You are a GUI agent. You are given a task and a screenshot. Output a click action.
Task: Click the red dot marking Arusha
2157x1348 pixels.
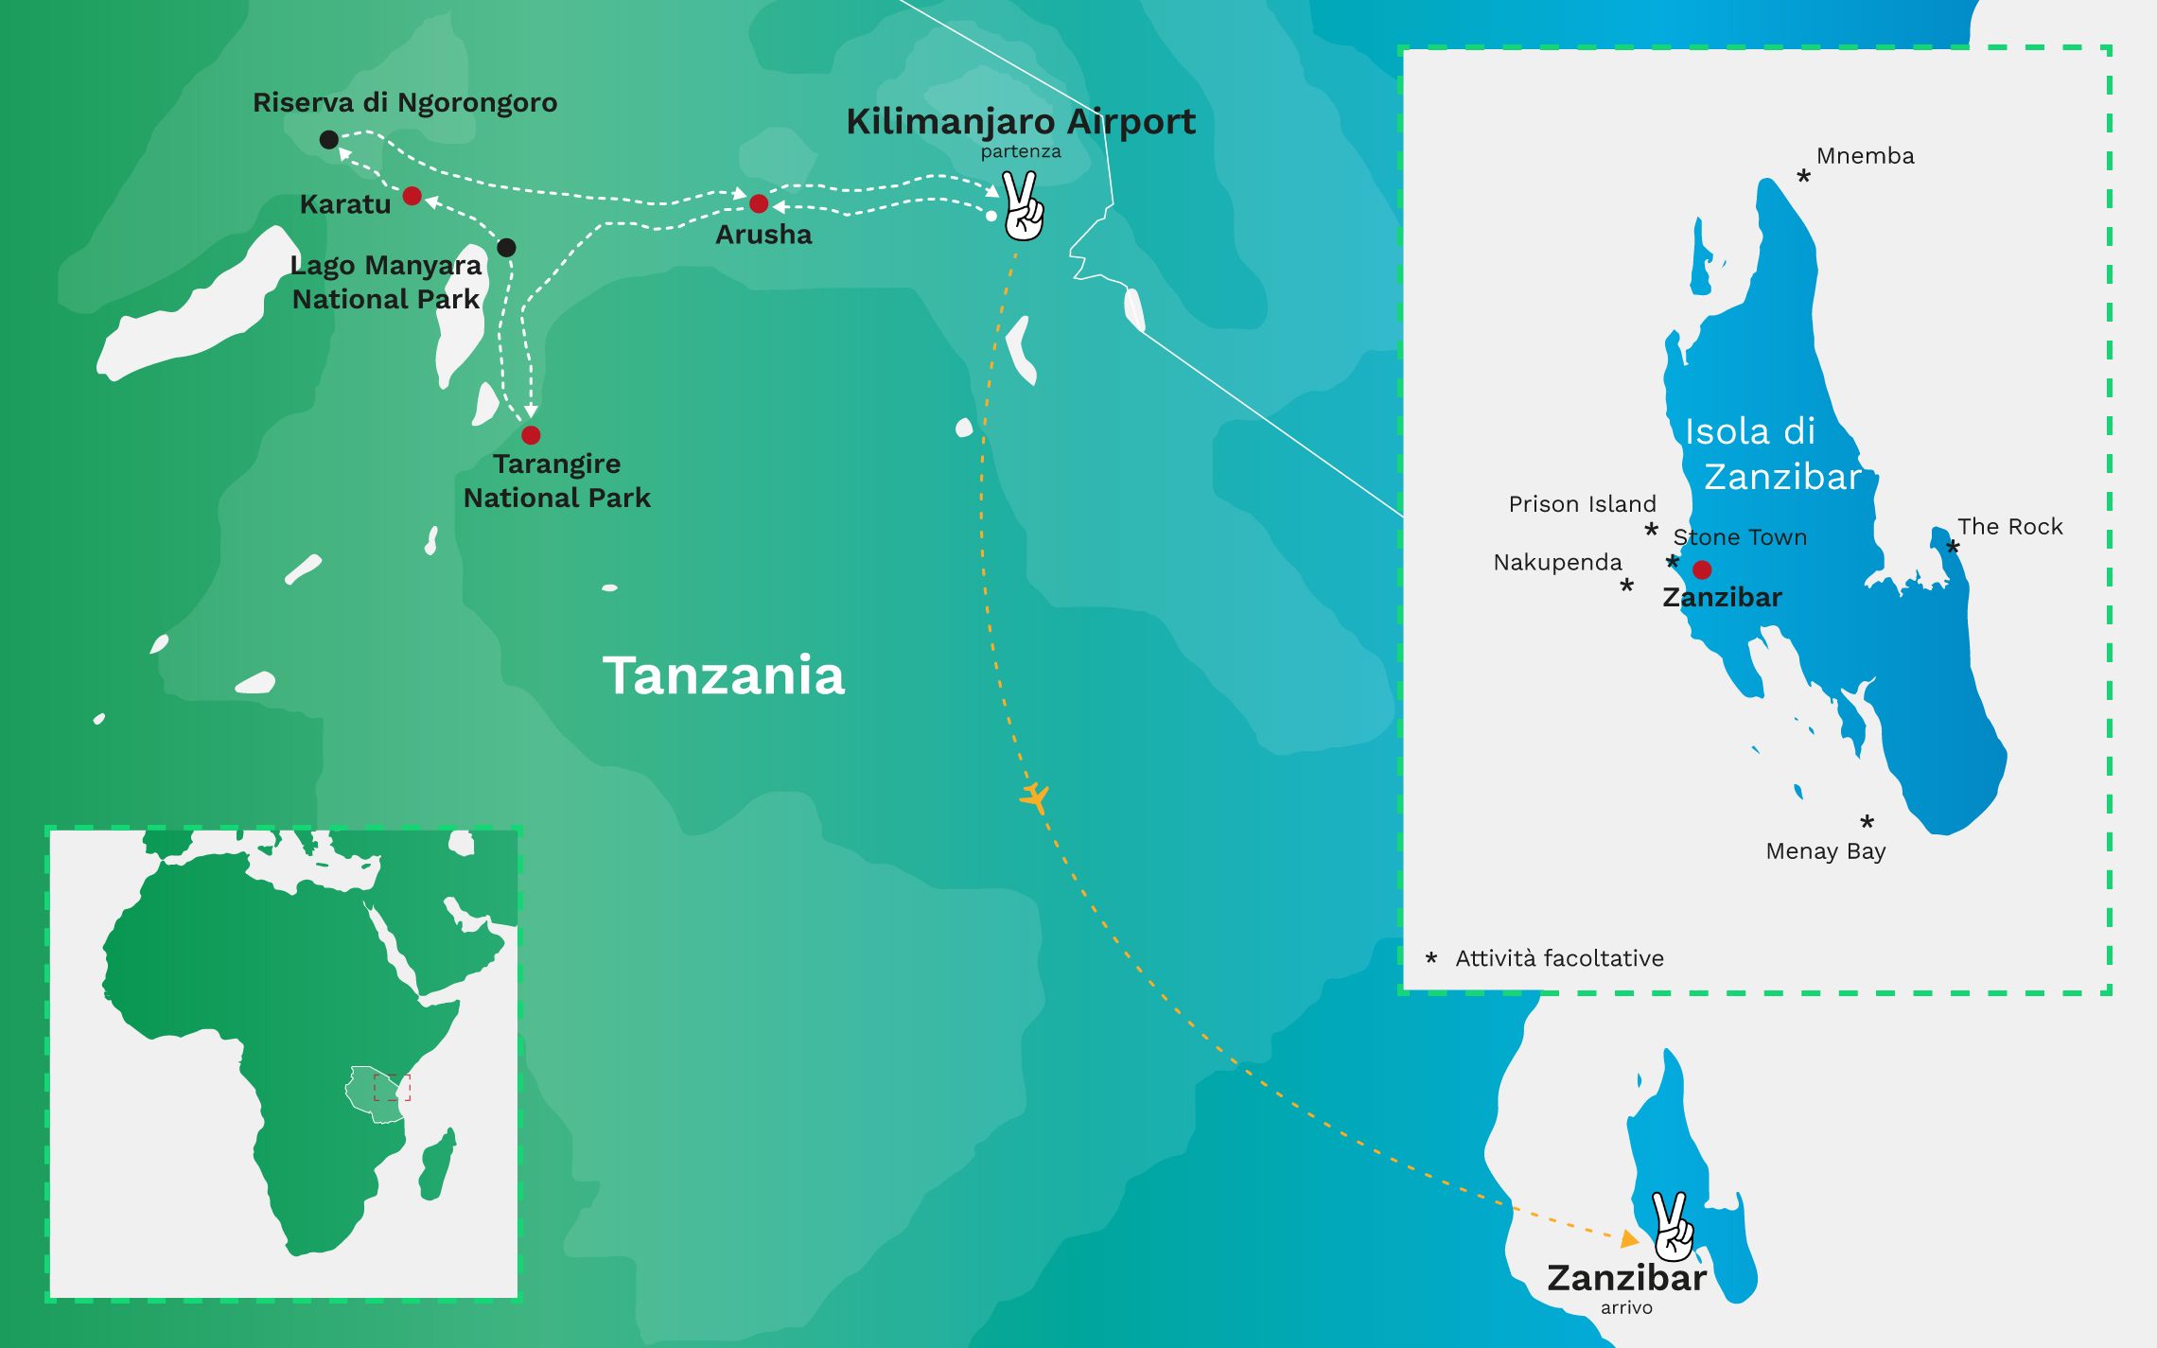pyautogui.click(x=759, y=203)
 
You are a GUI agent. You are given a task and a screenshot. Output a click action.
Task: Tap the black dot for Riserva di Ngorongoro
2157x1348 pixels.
pyautogui.click(x=328, y=140)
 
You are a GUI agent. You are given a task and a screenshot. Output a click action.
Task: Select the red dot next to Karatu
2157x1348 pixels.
pyautogui.click(x=412, y=196)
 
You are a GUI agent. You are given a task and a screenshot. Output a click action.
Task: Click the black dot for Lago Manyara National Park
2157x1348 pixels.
pyautogui.click(x=506, y=248)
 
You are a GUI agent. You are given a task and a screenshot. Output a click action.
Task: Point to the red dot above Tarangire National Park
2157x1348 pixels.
pyautogui.click(x=531, y=435)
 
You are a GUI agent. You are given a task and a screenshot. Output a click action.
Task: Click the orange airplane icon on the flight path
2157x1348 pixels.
pyautogui.click(x=1036, y=797)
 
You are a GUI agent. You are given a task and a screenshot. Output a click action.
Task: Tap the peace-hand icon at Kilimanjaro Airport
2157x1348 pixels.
pyautogui.click(x=1023, y=206)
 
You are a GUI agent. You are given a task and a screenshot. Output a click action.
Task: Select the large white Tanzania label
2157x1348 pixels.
pyautogui.click(x=724, y=675)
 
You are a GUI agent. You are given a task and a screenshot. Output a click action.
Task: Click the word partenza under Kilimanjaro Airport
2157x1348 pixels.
pyautogui.click(x=1020, y=151)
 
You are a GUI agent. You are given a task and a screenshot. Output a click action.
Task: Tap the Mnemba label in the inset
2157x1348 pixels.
pyautogui.click(x=1865, y=156)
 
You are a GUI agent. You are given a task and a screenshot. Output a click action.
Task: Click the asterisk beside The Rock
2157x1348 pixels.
pyautogui.click(x=1953, y=548)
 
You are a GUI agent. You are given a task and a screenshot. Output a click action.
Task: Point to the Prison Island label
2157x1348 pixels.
pyautogui.click(x=1582, y=504)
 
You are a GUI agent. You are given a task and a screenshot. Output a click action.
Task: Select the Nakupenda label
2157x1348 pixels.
pyautogui.click(x=1557, y=563)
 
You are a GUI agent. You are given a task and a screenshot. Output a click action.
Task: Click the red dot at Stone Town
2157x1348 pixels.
pyautogui.click(x=1702, y=569)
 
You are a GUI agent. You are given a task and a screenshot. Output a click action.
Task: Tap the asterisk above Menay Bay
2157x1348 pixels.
pyautogui.click(x=1867, y=822)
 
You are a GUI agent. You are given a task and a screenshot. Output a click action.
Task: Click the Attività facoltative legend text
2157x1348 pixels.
pyautogui.click(x=1559, y=958)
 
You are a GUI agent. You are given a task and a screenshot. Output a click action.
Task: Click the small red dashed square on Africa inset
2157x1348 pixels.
pyautogui.click(x=392, y=1088)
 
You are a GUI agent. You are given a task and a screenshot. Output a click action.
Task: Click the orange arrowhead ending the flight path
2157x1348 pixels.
pyautogui.click(x=1629, y=1238)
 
